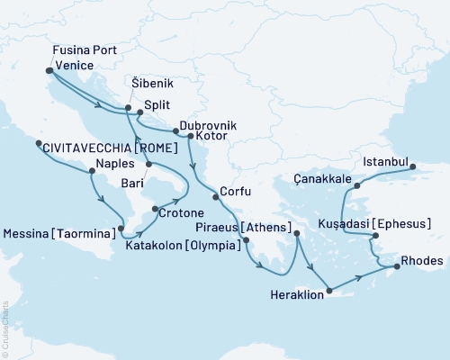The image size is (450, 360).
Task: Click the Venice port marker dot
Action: tap(49, 69)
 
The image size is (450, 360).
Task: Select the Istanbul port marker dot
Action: tap(412, 166)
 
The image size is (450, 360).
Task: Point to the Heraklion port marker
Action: tap(329, 290)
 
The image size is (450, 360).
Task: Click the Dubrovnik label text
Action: tap(208, 127)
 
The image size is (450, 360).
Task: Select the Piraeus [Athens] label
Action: tap(247, 227)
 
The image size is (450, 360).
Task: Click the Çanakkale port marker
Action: tap(356, 186)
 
